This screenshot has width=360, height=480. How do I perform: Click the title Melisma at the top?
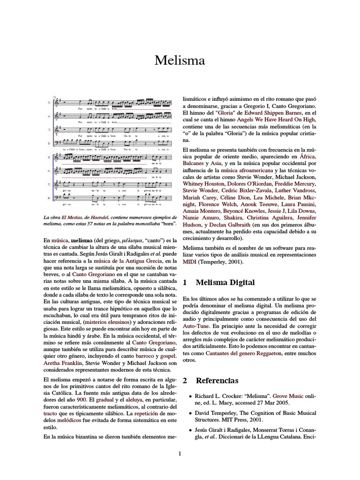(180, 61)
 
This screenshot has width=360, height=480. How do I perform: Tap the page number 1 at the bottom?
(180, 453)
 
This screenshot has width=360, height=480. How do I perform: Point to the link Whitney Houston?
(201, 184)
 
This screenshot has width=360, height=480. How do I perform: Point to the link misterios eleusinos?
(106, 322)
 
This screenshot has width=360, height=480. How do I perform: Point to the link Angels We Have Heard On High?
(261, 120)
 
